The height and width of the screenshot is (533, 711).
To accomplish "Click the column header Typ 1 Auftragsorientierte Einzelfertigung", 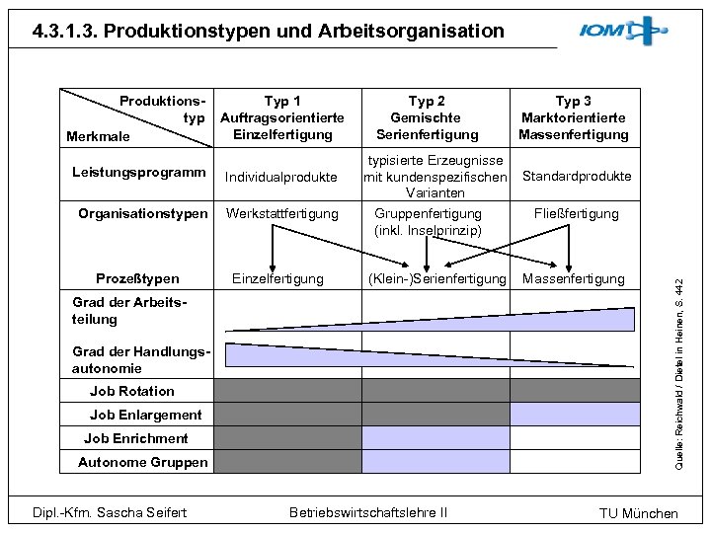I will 282,117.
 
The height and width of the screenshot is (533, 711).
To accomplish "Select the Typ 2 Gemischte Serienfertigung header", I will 427,117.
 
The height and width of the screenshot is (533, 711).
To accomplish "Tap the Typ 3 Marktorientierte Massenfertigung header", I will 574,117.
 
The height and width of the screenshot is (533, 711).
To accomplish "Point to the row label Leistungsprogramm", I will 139,173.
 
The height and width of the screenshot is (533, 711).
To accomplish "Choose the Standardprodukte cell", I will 577,176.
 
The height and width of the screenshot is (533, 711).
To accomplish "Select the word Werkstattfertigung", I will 281,213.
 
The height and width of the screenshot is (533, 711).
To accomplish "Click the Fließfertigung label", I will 576,213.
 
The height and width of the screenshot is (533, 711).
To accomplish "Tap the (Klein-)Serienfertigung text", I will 436,279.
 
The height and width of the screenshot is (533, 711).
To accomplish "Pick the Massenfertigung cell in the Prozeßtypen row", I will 573,279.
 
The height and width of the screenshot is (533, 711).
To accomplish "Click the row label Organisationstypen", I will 143,213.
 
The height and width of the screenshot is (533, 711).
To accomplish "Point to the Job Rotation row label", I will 131,391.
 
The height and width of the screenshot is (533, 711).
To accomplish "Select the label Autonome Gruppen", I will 142,462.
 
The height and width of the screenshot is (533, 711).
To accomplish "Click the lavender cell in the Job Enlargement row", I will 575,414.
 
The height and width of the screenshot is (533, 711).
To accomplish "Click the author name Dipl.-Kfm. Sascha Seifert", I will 110,511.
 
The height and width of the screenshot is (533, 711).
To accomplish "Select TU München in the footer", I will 639,513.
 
